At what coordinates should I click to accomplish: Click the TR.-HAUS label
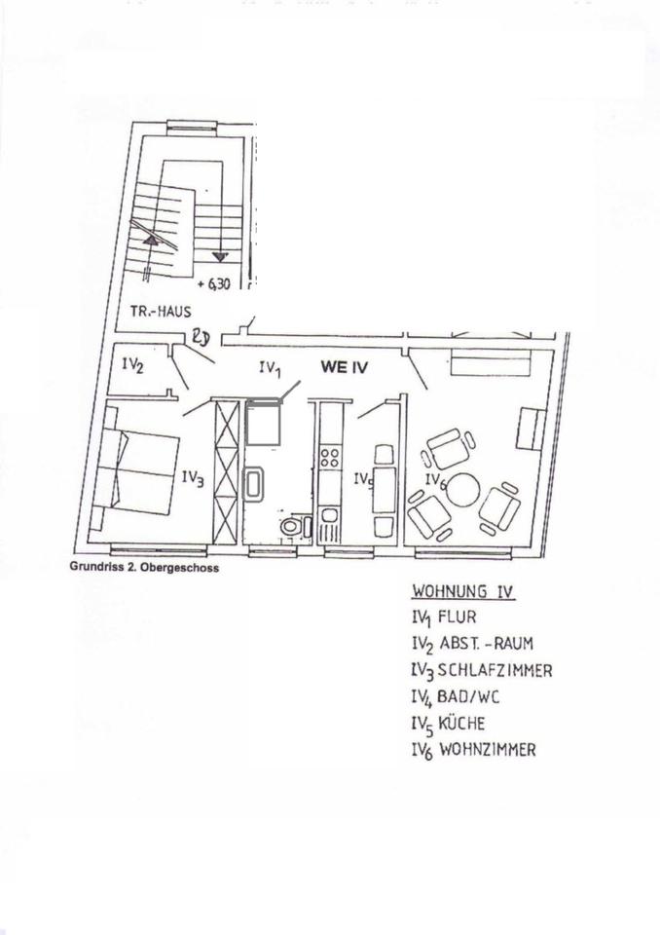pos(160,312)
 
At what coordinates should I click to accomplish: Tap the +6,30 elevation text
pos(215,285)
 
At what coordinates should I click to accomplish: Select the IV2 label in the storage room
pos(134,366)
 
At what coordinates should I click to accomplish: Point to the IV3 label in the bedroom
pos(193,479)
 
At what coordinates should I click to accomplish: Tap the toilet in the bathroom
pos(290,527)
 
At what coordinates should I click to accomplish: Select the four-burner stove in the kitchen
pos(329,457)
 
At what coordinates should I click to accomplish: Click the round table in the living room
pos(462,489)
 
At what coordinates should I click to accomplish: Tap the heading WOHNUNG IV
pos(462,591)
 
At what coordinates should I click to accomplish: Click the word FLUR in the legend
pos(458,617)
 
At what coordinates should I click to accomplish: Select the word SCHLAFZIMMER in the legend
pos(495,671)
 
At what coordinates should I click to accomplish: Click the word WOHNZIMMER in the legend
pos(488,750)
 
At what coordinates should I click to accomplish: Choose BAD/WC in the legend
pos(470,697)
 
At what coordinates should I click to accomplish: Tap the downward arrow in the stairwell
pos(221,256)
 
